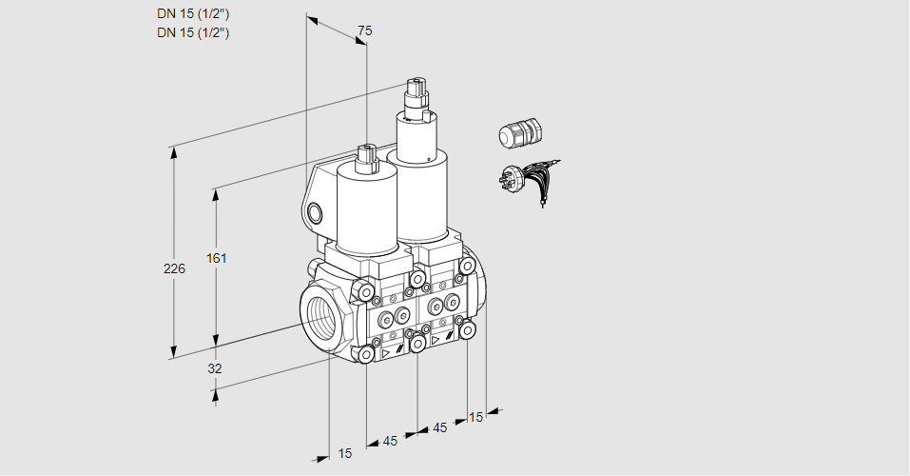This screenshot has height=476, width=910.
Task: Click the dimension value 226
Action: [174, 268]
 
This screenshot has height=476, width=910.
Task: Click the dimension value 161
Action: [217, 257]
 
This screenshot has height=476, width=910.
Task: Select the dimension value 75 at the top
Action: [364, 30]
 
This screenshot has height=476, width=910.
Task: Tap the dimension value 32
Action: [215, 368]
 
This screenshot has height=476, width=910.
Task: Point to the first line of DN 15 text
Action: [193, 14]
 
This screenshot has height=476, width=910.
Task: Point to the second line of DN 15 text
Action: [193, 32]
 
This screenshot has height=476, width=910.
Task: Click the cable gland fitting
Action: [520, 131]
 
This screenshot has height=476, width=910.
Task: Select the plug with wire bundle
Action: [528, 181]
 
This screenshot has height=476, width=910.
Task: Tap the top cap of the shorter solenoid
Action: [367, 157]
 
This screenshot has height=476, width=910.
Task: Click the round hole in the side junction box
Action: [315, 213]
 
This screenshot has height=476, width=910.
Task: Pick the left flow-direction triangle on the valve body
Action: [385, 352]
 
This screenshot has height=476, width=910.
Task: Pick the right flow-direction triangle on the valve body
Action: [436, 340]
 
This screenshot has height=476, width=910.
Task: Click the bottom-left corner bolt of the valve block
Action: [366, 354]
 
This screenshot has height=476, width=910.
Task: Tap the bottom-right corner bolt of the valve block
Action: [467, 330]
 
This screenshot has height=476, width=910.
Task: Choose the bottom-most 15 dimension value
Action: [345, 453]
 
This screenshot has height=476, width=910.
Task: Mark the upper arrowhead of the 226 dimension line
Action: [173, 152]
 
